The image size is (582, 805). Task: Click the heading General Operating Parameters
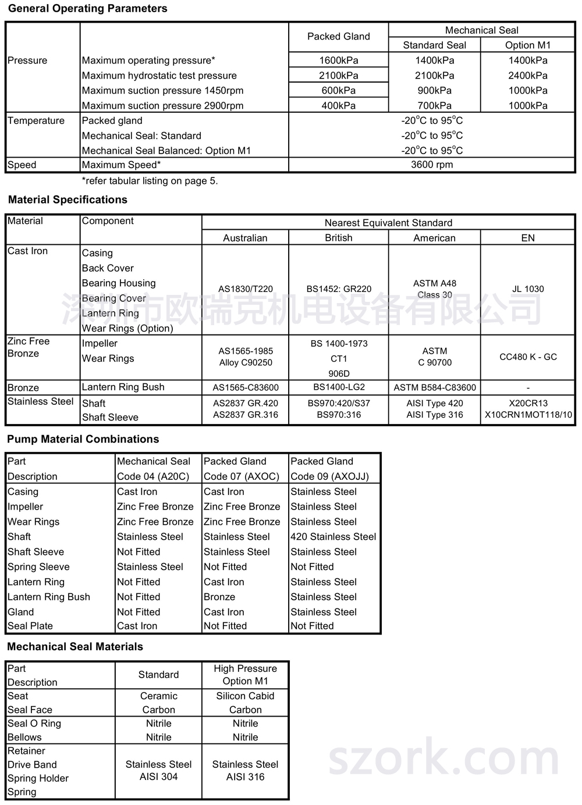coord(87,9)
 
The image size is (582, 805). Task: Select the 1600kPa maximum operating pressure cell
coord(338,60)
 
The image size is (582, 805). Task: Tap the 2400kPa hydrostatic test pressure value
coord(527,76)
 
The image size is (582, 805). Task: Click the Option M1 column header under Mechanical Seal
coord(527,45)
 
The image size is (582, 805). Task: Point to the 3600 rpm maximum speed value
coord(431,165)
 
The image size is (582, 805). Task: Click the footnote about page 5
coord(150,181)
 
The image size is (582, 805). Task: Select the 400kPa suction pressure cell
coord(338,106)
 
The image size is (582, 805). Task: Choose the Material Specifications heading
coord(68,200)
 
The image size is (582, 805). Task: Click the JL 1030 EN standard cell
coord(527,289)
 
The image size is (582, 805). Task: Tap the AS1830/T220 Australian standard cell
coord(245,289)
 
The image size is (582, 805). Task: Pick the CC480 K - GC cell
coord(527,357)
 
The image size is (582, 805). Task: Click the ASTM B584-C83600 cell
coord(434,387)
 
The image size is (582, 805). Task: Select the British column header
coord(338,238)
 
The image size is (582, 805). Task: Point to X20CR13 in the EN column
coord(527,403)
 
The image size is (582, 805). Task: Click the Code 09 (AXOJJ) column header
coord(329,476)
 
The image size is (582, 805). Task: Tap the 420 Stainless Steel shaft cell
coord(333,537)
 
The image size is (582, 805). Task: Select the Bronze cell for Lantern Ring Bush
coord(219,597)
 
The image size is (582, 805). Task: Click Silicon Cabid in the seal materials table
coord(245,696)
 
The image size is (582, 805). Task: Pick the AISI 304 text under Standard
coord(158,777)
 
